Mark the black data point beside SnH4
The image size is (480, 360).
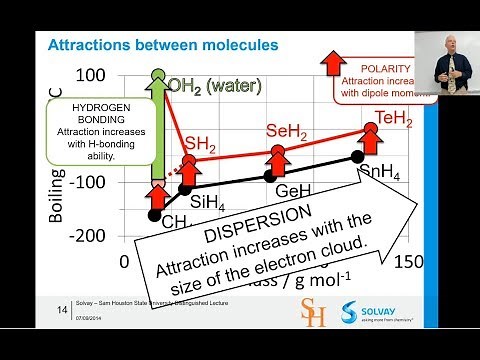point(357,157)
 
